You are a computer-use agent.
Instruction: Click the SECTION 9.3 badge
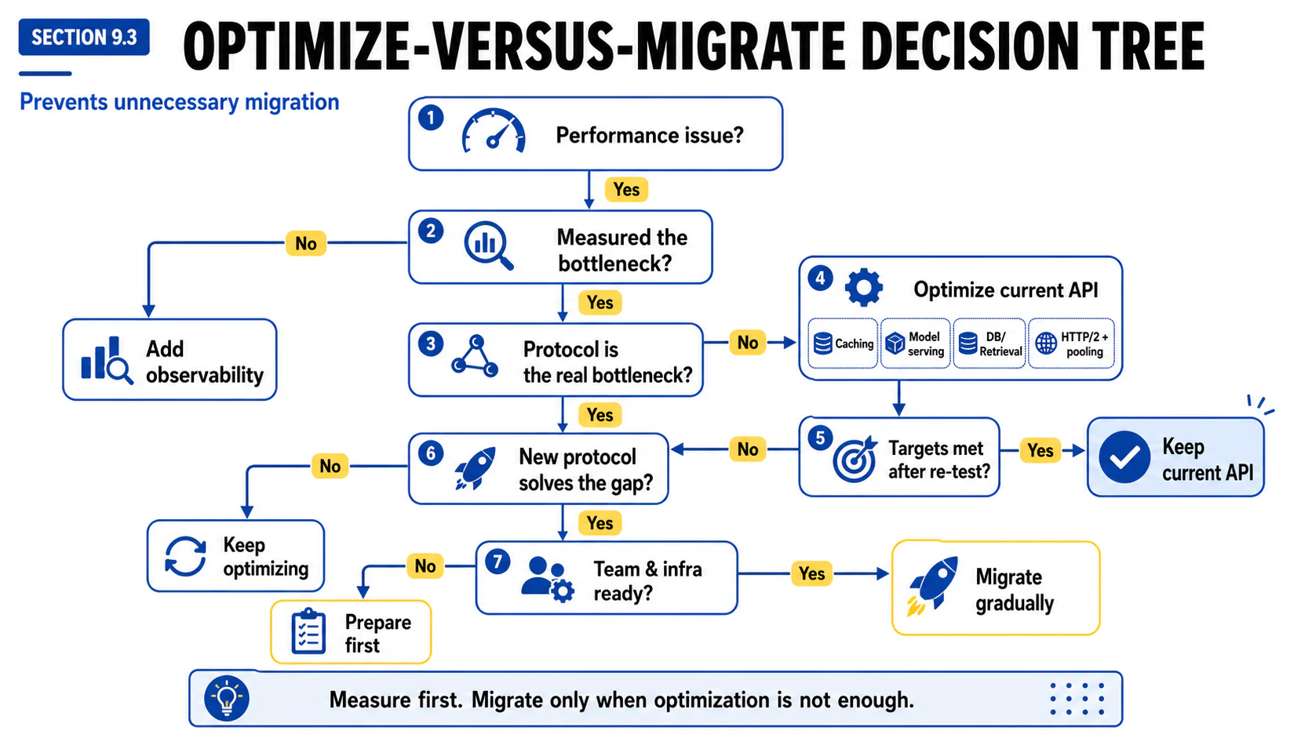pos(84,37)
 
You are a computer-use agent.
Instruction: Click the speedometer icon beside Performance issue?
pos(493,130)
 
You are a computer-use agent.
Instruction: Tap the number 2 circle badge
pos(431,231)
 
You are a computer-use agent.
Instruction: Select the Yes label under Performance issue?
pos(626,190)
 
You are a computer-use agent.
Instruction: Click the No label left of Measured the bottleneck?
pos(306,243)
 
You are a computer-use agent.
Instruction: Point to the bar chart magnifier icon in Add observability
pos(107,360)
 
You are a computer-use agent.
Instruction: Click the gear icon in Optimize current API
pos(863,287)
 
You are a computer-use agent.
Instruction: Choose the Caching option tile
pos(843,344)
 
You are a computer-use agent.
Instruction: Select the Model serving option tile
pos(916,344)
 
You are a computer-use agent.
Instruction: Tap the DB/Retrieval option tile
pos(989,344)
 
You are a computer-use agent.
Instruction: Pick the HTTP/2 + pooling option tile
pos(1071,344)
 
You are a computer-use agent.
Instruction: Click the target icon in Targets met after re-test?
pos(855,459)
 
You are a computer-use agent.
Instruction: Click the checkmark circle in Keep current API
pos(1124,457)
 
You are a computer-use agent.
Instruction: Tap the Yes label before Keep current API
pos(1040,450)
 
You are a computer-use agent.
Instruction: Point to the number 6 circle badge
pos(431,453)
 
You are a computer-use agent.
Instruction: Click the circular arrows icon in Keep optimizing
pos(186,556)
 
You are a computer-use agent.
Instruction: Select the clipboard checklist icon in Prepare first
pos(308,631)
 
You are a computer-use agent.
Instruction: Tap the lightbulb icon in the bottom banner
pos(227,698)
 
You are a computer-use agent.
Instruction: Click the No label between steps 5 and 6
pos(748,449)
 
